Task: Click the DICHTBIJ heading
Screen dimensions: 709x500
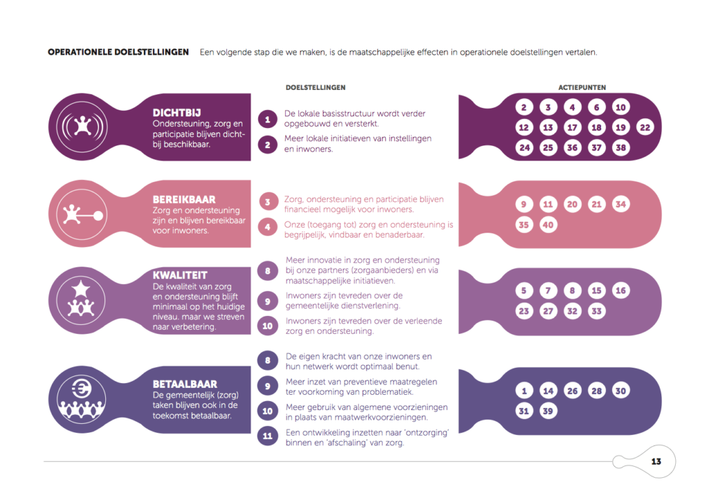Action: [x=177, y=113]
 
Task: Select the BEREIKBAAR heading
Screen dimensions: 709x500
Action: [x=184, y=199]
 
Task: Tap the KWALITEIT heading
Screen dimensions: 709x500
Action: [x=180, y=275]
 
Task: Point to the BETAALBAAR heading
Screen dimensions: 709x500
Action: [x=185, y=384]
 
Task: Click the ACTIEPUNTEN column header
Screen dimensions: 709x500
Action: [x=582, y=87]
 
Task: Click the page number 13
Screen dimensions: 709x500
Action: [x=656, y=461]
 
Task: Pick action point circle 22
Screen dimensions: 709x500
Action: [x=645, y=127]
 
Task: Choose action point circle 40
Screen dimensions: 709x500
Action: [x=548, y=224]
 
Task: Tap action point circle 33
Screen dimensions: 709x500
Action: [x=596, y=311]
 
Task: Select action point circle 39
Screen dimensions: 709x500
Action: [x=548, y=411]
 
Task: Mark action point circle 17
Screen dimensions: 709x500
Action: [x=573, y=127]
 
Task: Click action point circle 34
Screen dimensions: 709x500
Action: [x=621, y=204]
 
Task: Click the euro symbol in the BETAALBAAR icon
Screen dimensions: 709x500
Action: [x=82, y=389]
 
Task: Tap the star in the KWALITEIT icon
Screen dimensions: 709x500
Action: [x=81, y=288]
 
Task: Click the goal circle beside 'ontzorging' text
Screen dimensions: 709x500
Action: [x=268, y=436]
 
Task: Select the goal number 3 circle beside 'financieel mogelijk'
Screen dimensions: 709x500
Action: [x=268, y=202]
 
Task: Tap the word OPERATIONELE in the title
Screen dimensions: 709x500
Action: [x=80, y=52]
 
